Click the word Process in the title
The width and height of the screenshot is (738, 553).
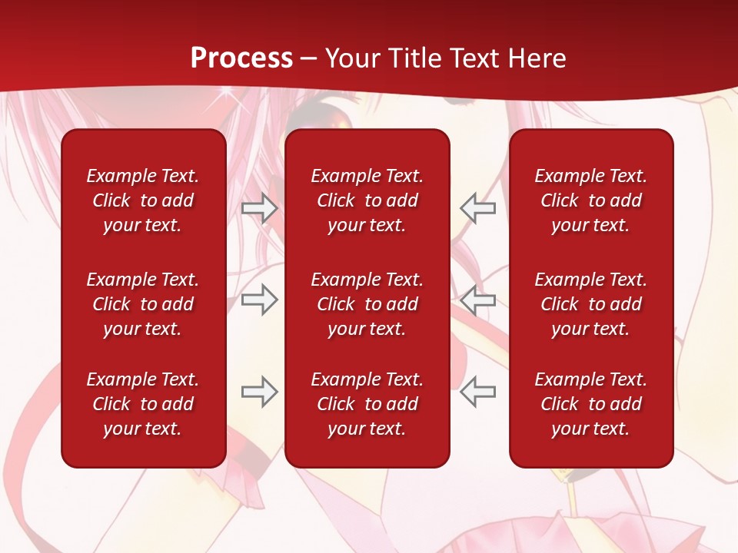pos(241,58)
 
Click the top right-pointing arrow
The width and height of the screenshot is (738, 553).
pos(259,208)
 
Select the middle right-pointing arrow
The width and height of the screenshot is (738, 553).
pos(259,299)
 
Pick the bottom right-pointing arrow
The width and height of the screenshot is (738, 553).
pos(259,392)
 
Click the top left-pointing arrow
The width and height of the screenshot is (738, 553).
pos(477,208)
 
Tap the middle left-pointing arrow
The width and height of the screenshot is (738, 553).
pos(477,299)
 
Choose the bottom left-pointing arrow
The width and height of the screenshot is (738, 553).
pos(477,392)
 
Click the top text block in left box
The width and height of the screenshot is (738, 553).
pos(143,200)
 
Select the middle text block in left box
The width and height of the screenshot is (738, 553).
pos(143,304)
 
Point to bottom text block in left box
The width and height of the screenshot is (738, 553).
pos(143,404)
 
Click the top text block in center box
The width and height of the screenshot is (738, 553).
pos(367,200)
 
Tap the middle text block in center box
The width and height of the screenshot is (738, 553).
pos(367,304)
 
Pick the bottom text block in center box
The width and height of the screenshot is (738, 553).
pos(367,404)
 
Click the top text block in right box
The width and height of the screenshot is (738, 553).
pos(590,200)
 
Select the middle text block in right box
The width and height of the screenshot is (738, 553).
pos(590,304)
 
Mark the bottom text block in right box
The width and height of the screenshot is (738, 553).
pos(590,404)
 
